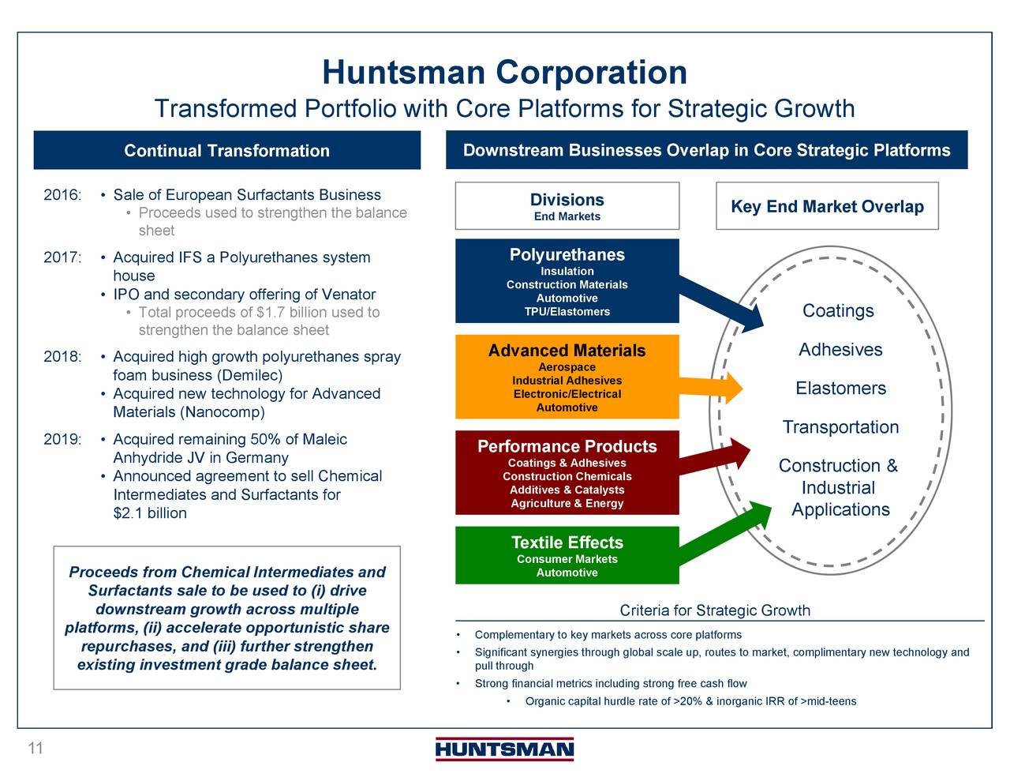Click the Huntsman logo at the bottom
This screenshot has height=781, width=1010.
coord(504,749)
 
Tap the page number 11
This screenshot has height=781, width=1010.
coord(36,748)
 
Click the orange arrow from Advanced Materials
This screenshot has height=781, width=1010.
coord(710,386)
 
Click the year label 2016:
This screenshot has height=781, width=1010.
coord(62,195)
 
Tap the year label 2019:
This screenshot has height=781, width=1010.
coord(62,439)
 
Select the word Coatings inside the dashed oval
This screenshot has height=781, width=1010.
coord(838,311)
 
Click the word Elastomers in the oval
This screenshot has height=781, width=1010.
coord(840,389)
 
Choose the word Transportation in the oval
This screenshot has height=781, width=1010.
coord(840,427)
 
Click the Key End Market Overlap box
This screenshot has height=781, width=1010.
coord(827,207)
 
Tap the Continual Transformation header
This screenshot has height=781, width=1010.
coord(226,151)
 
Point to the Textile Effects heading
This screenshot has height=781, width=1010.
coord(567,543)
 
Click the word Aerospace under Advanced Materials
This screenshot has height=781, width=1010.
coord(567,367)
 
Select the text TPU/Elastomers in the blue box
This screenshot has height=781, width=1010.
coord(567,312)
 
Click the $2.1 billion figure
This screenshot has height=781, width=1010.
coord(150,513)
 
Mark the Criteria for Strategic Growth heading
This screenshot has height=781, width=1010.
coord(715,610)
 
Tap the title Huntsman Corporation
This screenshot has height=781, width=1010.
coord(504,73)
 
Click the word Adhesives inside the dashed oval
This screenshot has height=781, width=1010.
coord(840,350)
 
